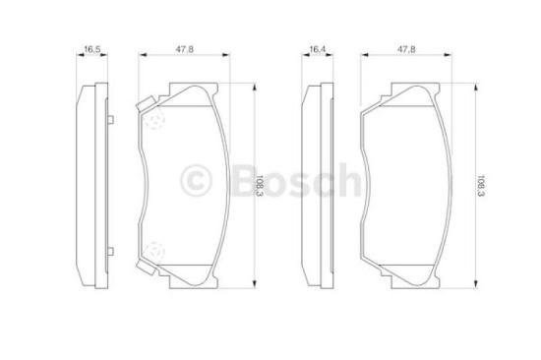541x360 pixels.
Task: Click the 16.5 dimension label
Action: pyautogui.click(x=92, y=49)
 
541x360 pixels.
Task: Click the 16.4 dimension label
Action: pyautogui.click(x=317, y=49)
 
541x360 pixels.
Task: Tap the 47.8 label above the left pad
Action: pyautogui.click(x=185, y=49)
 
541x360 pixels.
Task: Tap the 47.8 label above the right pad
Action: pyautogui.click(x=406, y=49)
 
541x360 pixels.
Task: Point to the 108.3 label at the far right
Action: pyautogui.click(x=481, y=186)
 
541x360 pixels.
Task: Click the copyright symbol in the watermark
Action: pyautogui.click(x=196, y=181)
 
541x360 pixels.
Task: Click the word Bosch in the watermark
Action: pyautogui.click(x=297, y=180)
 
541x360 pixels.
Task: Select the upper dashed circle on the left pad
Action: pyautogui.click(x=154, y=118)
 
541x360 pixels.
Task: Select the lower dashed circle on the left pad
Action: pyautogui.click(x=154, y=252)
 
